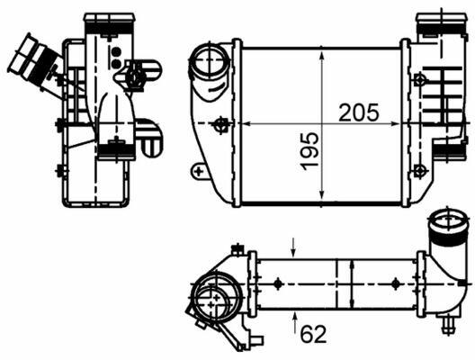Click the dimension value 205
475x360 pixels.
[359, 112]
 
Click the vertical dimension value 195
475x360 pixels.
[309, 151]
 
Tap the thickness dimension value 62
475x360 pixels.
[314, 334]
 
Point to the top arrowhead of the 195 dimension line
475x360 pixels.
[322, 56]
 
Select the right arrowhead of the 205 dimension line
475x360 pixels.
[395, 123]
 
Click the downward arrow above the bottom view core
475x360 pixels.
[293, 247]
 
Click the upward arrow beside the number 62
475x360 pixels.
[295, 321]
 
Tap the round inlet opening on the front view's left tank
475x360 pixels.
[210, 58]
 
